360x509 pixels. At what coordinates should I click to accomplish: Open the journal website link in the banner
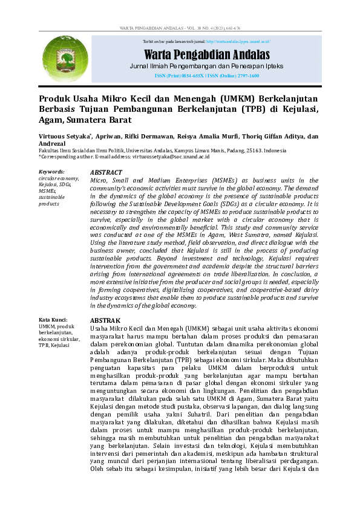point(237,42)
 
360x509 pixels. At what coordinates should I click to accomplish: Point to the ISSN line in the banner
point(206,76)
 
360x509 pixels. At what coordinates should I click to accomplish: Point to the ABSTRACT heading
point(106,172)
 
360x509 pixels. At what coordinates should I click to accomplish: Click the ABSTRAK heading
point(105,320)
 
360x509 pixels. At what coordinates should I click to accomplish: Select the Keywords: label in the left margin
point(51,172)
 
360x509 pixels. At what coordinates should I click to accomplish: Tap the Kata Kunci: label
point(53,320)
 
